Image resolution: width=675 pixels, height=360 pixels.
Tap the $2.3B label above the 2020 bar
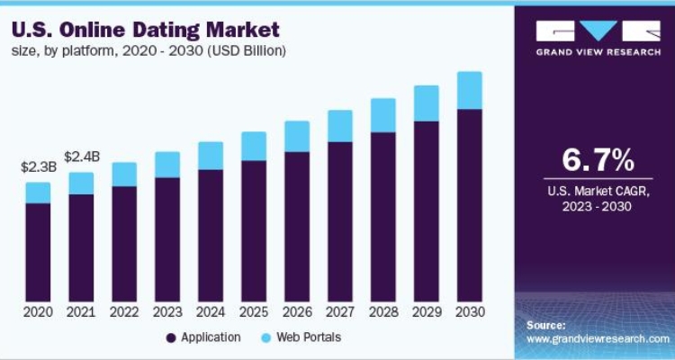click(x=38, y=167)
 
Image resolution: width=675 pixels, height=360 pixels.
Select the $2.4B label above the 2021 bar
click(x=81, y=157)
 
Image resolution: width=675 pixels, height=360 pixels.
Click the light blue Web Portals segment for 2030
click(x=470, y=90)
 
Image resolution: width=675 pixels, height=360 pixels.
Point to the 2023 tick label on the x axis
click(x=167, y=312)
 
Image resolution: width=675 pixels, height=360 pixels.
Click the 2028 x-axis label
click(x=383, y=312)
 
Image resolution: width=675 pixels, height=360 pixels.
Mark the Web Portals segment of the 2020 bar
click(x=38, y=193)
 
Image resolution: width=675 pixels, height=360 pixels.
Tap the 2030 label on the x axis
click(x=470, y=312)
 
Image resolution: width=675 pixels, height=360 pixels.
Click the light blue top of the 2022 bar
click(x=124, y=174)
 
